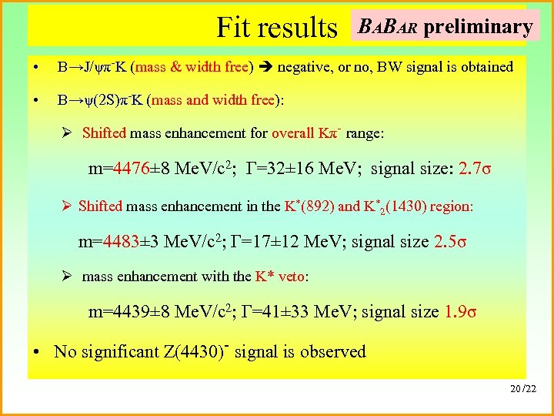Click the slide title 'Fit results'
(277, 28)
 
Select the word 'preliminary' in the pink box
(478, 27)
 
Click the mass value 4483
(160, 241)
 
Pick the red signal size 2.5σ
(451, 241)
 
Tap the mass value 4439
(170, 311)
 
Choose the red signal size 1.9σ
(461, 311)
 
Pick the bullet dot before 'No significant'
(38, 352)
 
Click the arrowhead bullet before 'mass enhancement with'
(67, 276)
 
